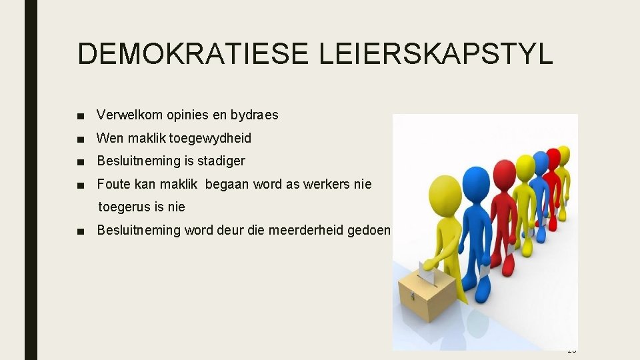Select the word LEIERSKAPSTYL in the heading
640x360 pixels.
pyautogui.click(x=436, y=53)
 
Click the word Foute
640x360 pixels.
pyautogui.click(x=113, y=184)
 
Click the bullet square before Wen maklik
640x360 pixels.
pyautogui.click(x=81, y=139)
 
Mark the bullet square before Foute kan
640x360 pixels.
pyautogui.click(x=81, y=185)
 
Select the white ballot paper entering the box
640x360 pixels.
pyautogui.click(x=425, y=273)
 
